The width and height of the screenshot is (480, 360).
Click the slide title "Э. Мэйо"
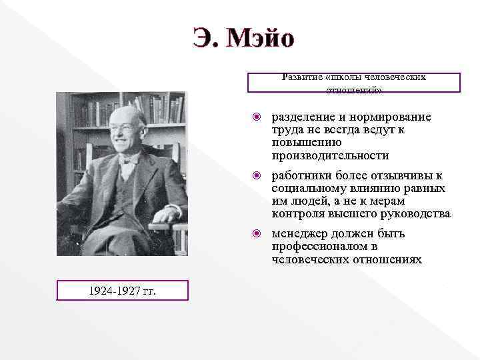point(243,39)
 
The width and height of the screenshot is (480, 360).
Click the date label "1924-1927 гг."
point(122,290)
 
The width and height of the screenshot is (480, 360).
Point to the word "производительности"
point(330,155)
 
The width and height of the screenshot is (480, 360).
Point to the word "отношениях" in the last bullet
point(391,259)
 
